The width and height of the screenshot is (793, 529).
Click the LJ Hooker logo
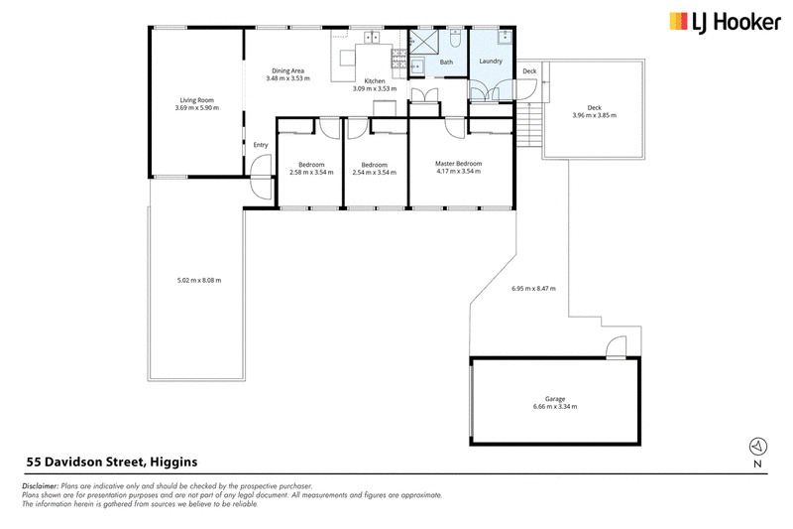pos(725,23)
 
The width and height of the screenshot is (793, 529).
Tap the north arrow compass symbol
pos(757,446)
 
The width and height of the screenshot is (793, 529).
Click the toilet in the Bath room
pos(454,39)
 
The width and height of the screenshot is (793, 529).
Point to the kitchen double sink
pos(373,37)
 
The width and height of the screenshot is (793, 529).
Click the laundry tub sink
pos(505,38)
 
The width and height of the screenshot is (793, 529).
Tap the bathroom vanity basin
pos(417,66)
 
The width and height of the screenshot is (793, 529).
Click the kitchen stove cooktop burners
pos(398,59)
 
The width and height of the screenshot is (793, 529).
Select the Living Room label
pos(196,100)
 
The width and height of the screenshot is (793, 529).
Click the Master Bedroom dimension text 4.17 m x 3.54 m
pos(459,171)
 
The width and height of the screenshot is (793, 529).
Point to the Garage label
pos(555,399)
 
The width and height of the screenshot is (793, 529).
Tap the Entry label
pos(261,145)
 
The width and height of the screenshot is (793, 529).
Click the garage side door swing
pos(616,347)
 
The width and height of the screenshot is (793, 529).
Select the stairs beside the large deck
pos(529,124)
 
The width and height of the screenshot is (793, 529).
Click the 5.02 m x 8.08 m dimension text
pos(199,280)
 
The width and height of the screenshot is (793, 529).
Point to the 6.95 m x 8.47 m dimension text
pos(533,289)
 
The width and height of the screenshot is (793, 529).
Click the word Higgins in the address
pos(174,463)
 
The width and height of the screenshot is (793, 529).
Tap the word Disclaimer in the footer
pos(41,486)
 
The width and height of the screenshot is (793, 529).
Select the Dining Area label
pos(287,70)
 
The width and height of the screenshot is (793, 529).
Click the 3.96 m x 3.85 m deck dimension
pos(594,115)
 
